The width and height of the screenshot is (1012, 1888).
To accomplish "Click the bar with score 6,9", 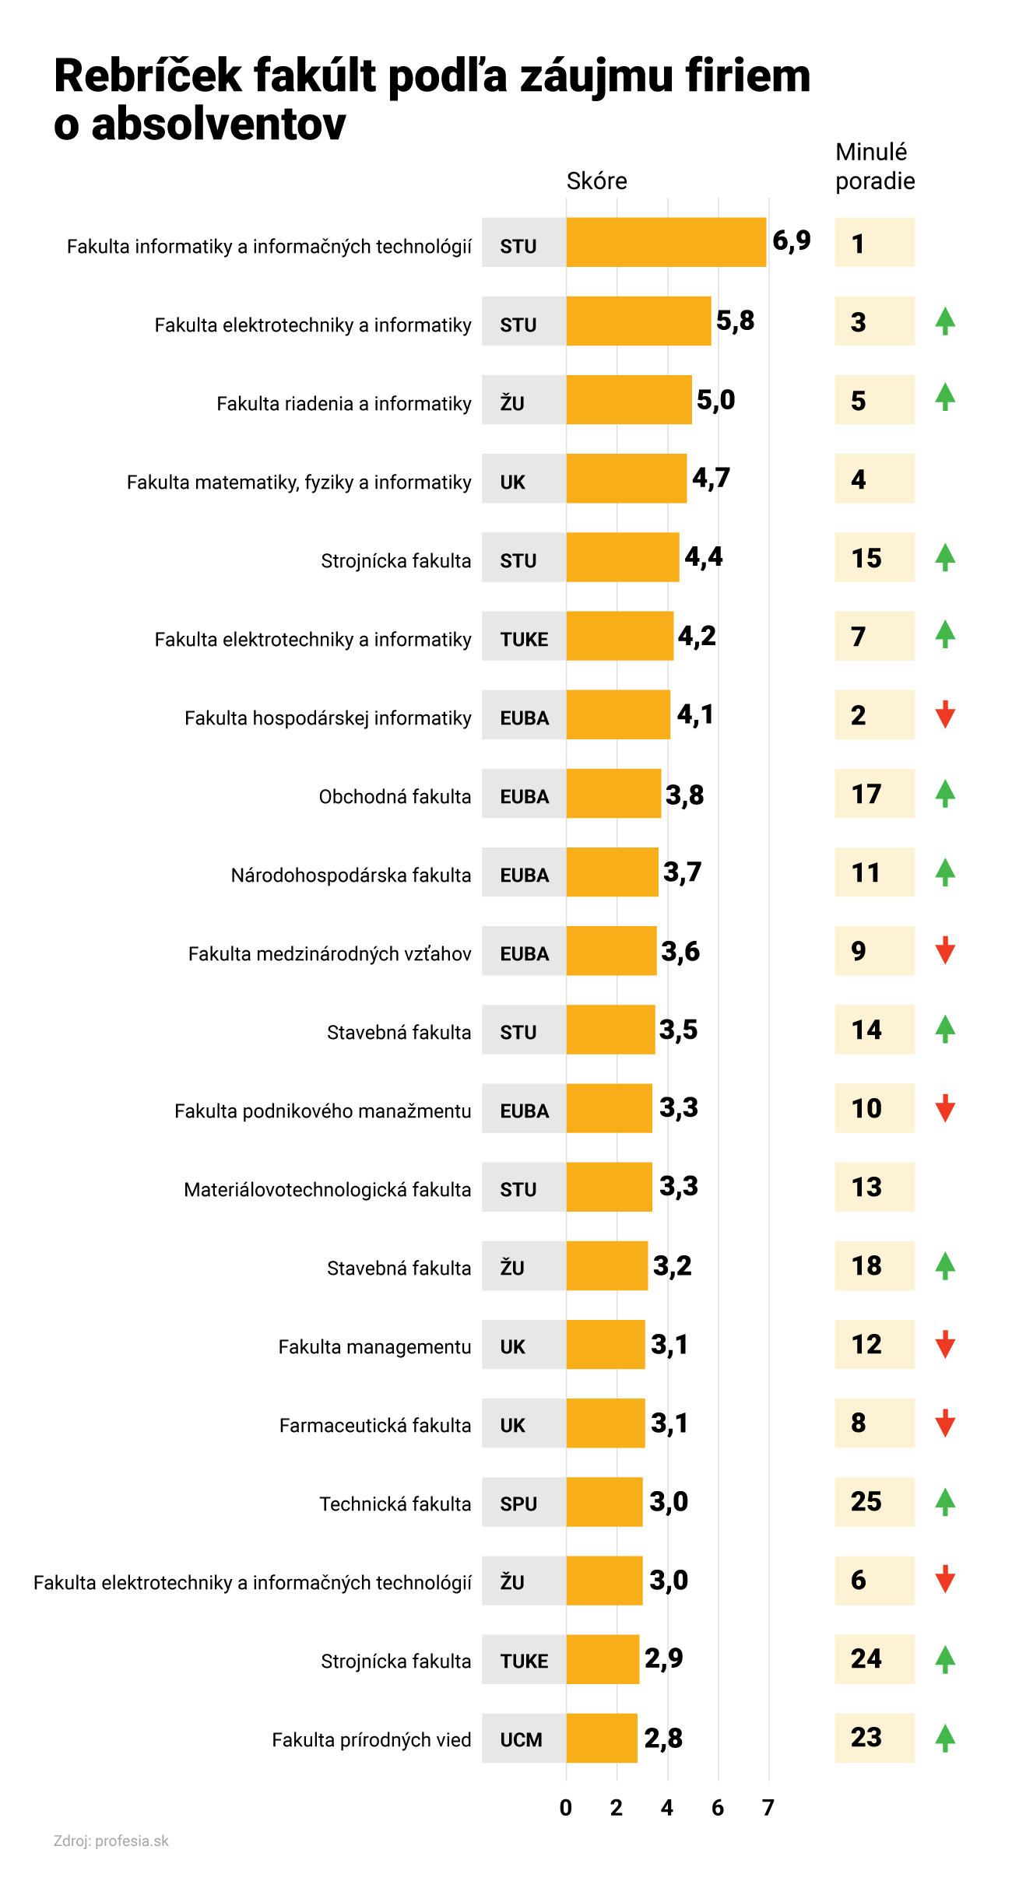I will pos(666,242).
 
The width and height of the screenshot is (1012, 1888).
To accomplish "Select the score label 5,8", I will pos(735,321).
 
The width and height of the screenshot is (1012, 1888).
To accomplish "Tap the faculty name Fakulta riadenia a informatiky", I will pos(343,404).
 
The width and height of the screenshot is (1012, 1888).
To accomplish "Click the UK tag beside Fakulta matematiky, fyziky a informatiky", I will pos(513,483).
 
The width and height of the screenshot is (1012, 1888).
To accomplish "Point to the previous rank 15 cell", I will pos(873,557).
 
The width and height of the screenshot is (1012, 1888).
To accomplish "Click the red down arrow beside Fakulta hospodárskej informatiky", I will pos(945,714).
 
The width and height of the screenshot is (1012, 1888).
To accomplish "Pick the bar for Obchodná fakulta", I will pos(613,793).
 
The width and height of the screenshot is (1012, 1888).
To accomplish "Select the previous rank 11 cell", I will pos(873,872).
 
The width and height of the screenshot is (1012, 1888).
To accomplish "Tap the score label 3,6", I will pos(680,951).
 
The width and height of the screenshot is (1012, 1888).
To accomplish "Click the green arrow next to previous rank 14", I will pos(945,1029).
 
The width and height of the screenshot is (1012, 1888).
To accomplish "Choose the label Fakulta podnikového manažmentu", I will pos(322,1111).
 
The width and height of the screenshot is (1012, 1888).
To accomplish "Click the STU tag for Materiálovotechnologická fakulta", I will pos(518,1190).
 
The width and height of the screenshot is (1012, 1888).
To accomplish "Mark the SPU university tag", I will pos(518,1504).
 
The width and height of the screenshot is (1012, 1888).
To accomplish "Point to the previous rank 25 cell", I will pos(873,1501).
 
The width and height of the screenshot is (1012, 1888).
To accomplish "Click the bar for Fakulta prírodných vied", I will pos(602,1738).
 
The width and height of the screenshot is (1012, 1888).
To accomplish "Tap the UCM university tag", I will pos(521,1740).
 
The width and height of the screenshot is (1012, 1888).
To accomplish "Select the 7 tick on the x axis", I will pos(768,1808).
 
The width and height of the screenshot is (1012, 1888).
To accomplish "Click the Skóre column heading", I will pos(596,181).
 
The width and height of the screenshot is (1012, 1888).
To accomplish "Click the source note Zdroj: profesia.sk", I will pos(111,1841).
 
